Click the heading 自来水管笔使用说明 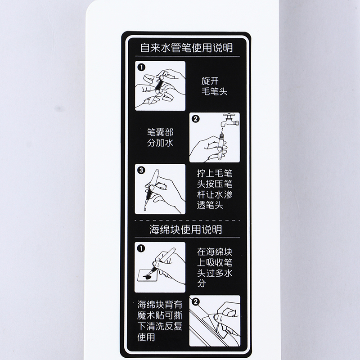pos(186,48)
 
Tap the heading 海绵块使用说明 pos(186,229)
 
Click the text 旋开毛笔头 pos(214,86)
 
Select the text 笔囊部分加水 pos(160,138)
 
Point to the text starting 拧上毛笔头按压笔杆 pos(215,189)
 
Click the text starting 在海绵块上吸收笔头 pos(215,268)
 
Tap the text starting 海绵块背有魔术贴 pos(160,321)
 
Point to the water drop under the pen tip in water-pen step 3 pos(144,209)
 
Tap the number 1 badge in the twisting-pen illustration pos(141,67)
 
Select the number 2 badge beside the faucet pos(196,119)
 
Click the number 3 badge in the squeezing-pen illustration pos(141,170)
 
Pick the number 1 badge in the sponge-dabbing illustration pos(141,248)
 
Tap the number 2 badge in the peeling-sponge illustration pos(196,301)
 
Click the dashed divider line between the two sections pos(187,220)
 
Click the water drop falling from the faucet pos(222,130)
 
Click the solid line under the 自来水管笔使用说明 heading pos(187,56)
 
